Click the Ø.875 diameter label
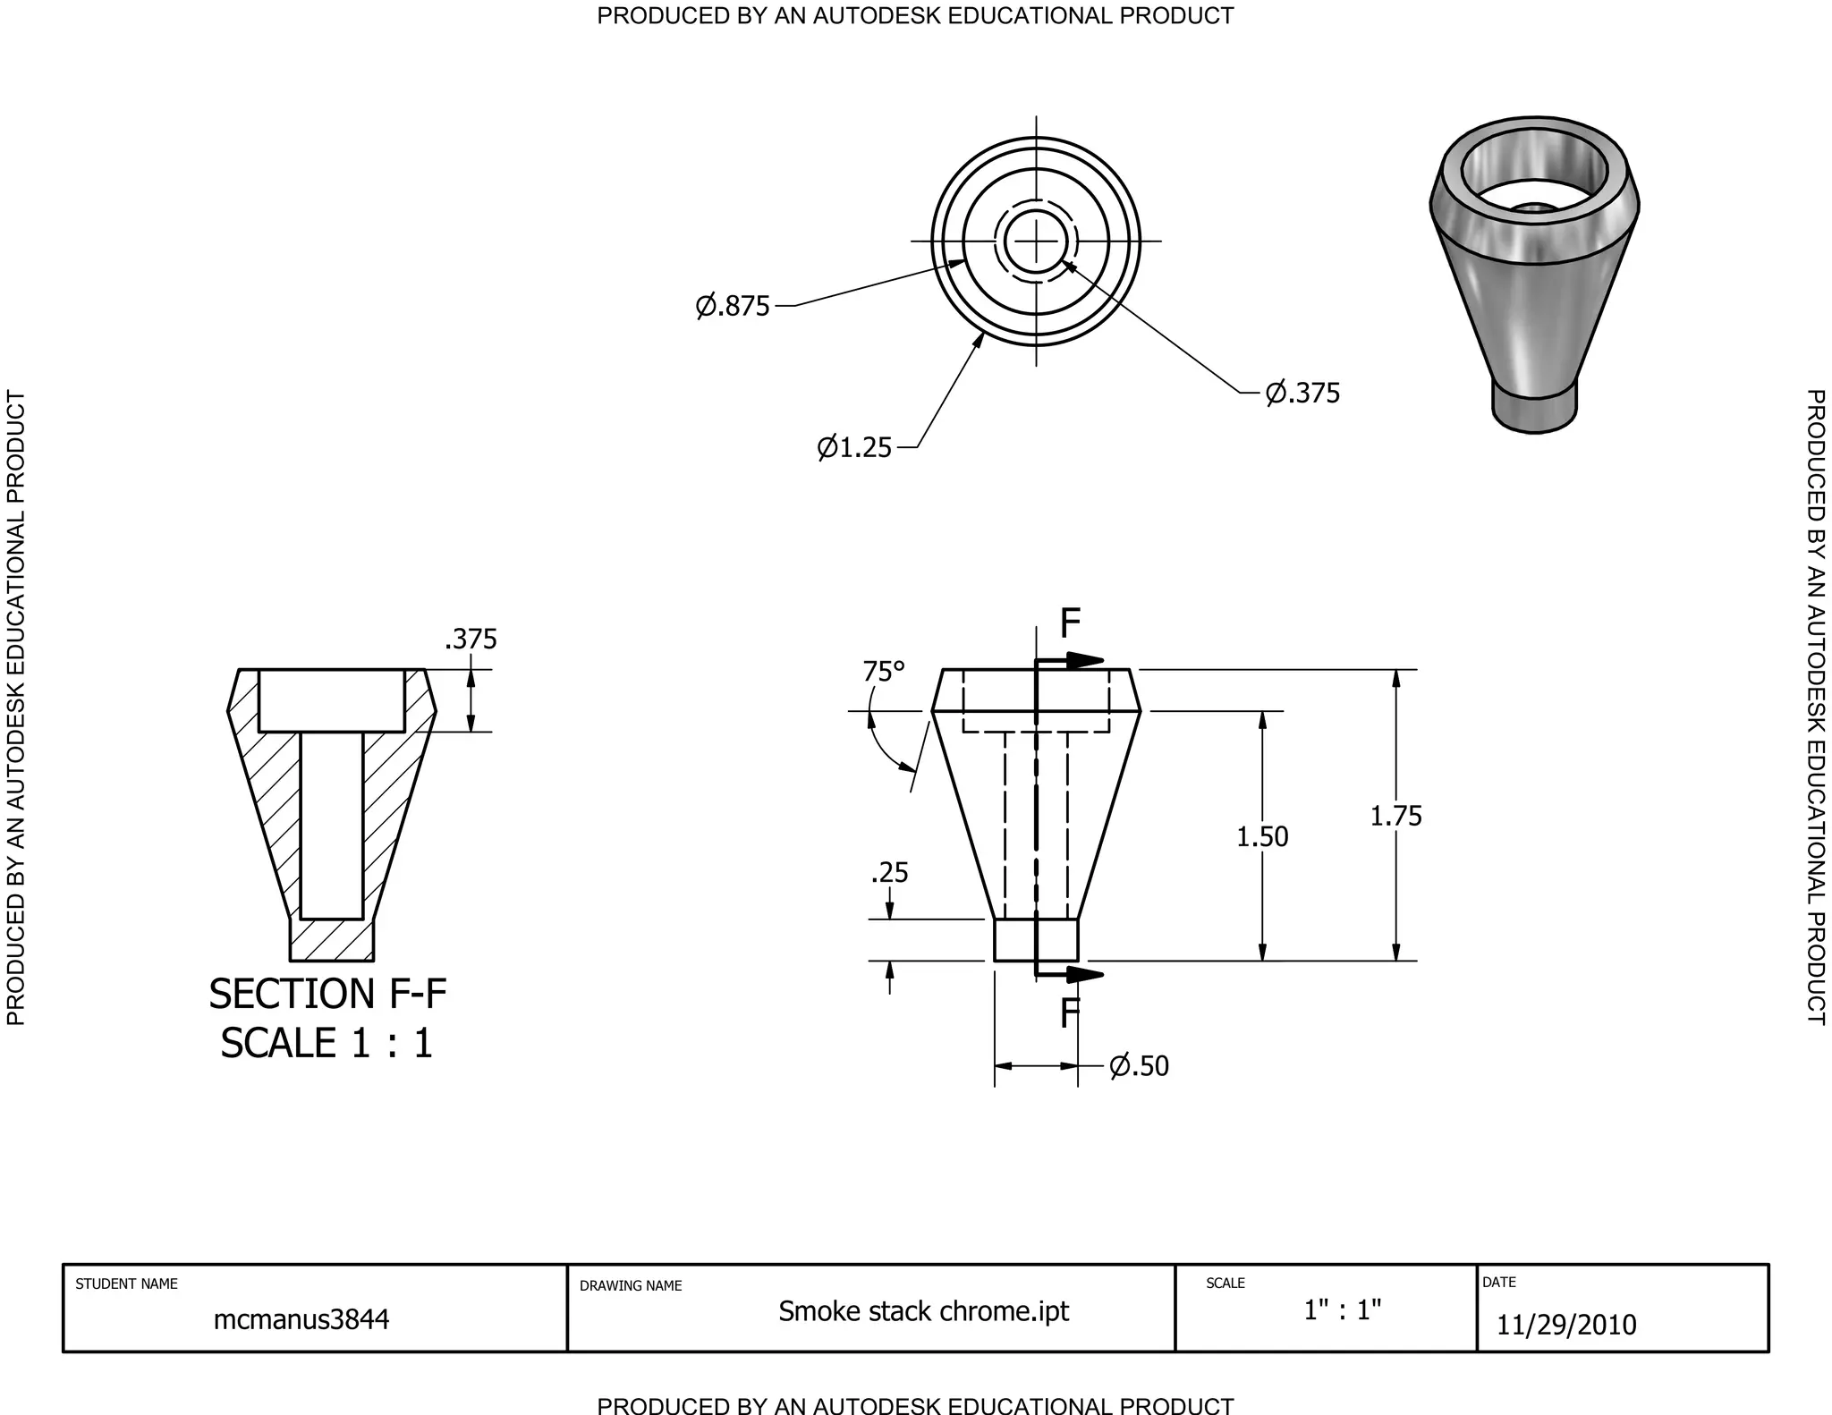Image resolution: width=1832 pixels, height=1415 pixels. [733, 306]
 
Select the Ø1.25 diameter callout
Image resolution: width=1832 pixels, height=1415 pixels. [854, 446]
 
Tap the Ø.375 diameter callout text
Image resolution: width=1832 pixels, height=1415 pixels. [1302, 393]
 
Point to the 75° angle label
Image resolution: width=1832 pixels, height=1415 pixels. [884, 671]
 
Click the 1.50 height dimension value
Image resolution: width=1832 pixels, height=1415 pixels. [1262, 836]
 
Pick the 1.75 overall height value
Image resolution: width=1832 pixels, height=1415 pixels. [1395, 816]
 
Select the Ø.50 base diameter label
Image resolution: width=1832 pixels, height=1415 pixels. [1139, 1065]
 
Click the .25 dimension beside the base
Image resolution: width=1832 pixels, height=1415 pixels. [889, 872]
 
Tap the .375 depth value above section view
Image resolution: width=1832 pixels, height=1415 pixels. [471, 639]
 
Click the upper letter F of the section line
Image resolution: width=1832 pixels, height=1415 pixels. [1070, 623]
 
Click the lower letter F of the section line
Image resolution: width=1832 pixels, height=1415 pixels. [1070, 1013]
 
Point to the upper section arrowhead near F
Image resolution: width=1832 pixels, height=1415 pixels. [1087, 661]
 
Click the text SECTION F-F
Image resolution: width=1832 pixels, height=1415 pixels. [327, 994]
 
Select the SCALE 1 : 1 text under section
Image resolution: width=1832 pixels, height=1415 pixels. [327, 1043]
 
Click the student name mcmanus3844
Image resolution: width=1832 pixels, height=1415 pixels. [301, 1319]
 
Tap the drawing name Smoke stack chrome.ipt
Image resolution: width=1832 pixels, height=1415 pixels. [923, 1310]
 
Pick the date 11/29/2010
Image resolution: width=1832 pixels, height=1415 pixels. [1566, 1325]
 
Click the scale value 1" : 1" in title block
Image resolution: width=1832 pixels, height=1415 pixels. [1342, 1310]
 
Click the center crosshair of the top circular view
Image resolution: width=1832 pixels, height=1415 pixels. [1037, 241]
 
